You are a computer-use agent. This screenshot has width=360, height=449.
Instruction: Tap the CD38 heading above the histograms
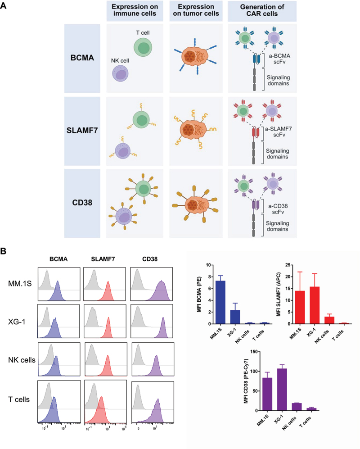coord(151,260)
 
